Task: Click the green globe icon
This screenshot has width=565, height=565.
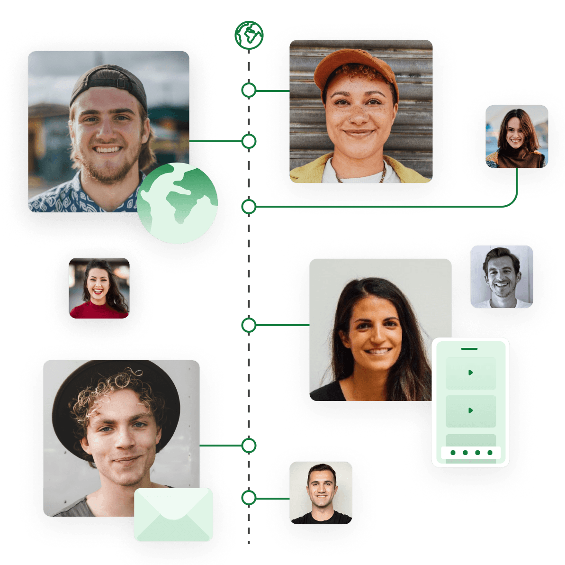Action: point(178,203)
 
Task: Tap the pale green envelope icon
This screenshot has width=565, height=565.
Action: point(173,514)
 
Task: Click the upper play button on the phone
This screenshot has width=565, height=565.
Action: point(470,373)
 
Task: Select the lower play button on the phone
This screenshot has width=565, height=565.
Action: point(470,410)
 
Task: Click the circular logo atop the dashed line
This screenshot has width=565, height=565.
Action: point(249,35)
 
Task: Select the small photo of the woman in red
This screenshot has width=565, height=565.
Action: point(99,288)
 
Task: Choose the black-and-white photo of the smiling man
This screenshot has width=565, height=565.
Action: point(501,277)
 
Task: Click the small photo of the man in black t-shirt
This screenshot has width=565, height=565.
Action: point(321,493)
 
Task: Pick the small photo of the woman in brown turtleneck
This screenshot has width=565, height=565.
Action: point(516,137)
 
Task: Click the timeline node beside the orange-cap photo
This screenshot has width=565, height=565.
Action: point(249,90)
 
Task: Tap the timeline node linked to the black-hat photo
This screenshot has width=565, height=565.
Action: point(249,446)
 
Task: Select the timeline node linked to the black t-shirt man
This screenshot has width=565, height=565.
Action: point(249,498)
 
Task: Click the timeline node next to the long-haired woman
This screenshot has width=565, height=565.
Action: point(249,325)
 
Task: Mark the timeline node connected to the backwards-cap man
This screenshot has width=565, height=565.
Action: point(249,141)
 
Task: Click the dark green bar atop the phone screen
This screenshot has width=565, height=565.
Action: point(469,348)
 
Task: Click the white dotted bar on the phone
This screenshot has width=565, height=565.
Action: point(471,453)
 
